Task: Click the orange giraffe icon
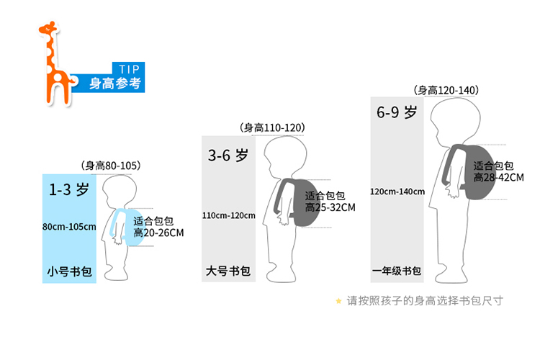[54, 63]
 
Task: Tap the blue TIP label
[127, 68]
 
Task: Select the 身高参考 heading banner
[114, 83]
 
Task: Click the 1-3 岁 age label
[69, 191]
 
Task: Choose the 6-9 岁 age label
[397, 113]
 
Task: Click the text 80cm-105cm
[69, 227]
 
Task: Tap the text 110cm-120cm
[229, 215]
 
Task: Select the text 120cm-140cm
[397, 192]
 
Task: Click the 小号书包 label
[69, 272]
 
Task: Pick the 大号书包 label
[228, 271]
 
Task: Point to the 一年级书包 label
[397, 271]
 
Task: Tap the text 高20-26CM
[159, 233]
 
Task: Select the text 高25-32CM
[330, 207]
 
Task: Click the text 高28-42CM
[499, 177]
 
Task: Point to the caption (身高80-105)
[110, 166]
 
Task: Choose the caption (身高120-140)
[446, 90]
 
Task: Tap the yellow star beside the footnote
[338, 301]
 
